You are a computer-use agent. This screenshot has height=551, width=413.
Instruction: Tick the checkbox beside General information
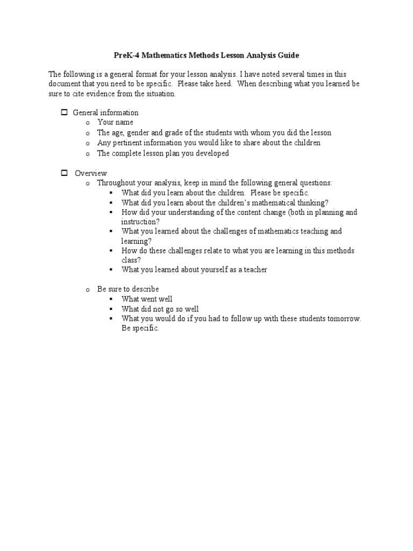(x=63, y=112)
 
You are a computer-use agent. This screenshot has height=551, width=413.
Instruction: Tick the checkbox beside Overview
(x=63, y=173)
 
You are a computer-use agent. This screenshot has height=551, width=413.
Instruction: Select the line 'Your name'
(x=115, y=123)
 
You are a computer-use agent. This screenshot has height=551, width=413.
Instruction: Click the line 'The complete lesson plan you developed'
(x=163, y=153)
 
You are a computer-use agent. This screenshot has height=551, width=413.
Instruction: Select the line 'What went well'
(x=147, y=299)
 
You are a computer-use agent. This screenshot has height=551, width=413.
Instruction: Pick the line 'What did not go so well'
(x=160, y=309)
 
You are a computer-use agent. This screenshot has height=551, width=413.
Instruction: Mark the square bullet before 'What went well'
(x=111, y=299)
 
